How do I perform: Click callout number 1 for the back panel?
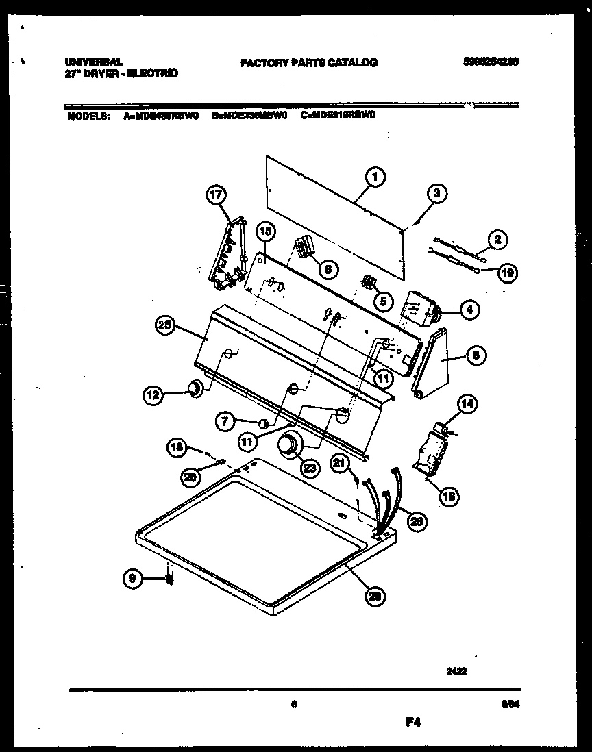(x=375, y=177)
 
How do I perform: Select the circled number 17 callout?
(x=216, y=196)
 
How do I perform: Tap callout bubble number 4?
(x=468, y=310)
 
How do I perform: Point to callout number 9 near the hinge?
(x=134, y=579)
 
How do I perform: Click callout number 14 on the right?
(x=466, y=404)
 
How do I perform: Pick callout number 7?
(x=226, y=423)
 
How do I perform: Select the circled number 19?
(x=507, y=272)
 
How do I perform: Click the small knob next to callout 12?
(x=196, y=389)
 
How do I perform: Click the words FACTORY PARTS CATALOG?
(x=308, y=63)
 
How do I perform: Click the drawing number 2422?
(x=456, y=673)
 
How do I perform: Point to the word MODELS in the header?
(x=88, y=116)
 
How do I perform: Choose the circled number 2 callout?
(x=497, y=239)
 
